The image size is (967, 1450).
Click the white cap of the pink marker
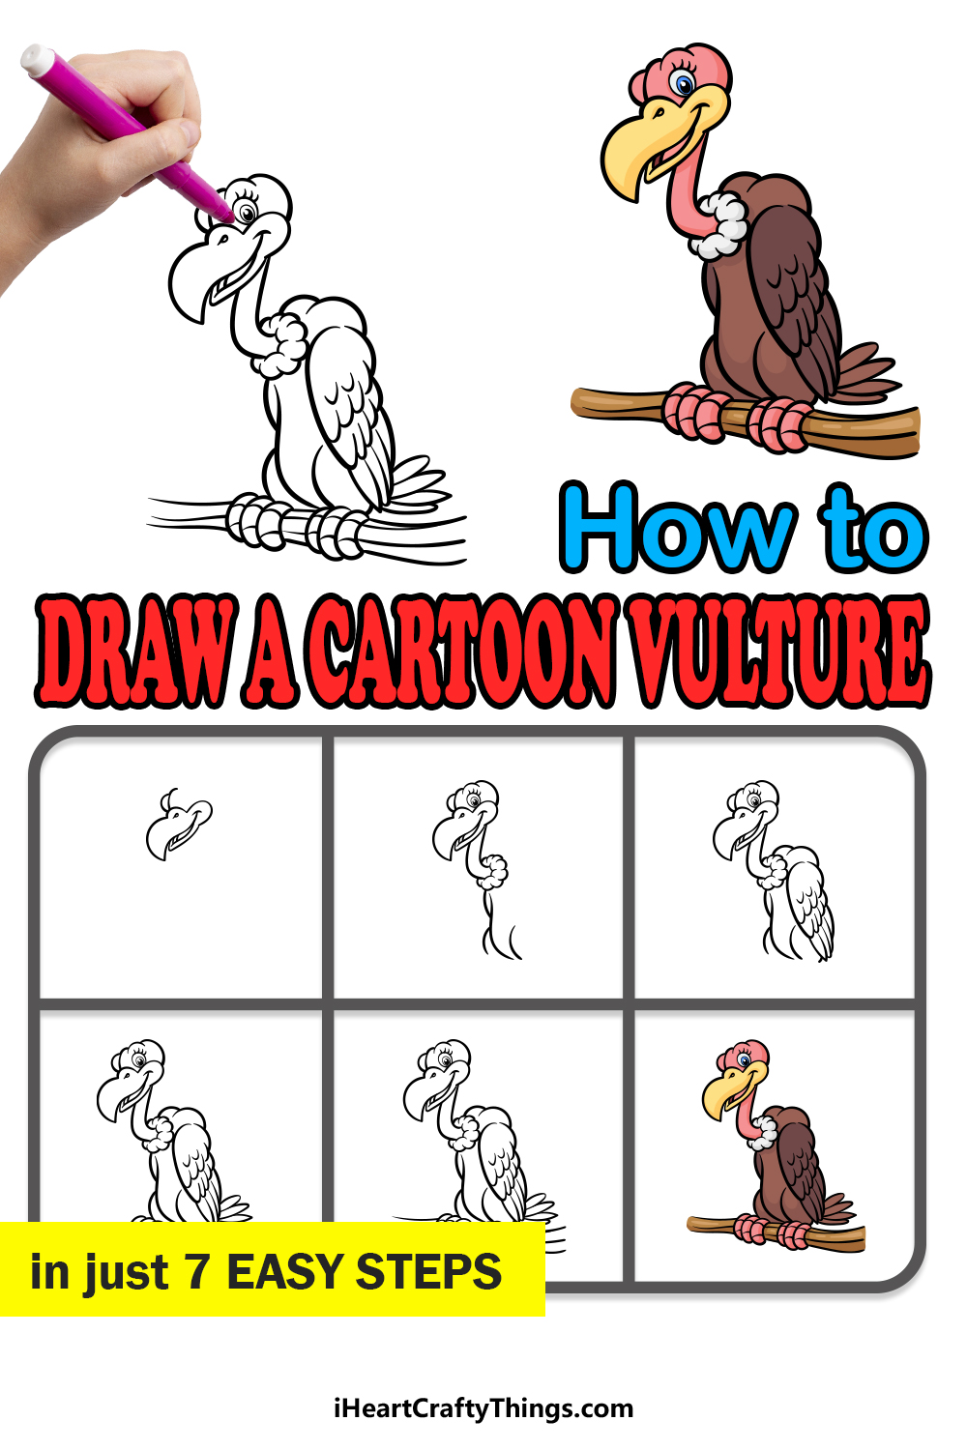pos(38,59)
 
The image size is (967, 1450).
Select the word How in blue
pos(678,528)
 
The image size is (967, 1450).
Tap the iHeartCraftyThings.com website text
pos(483,1407)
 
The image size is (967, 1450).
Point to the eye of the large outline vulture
pos(247,211)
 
